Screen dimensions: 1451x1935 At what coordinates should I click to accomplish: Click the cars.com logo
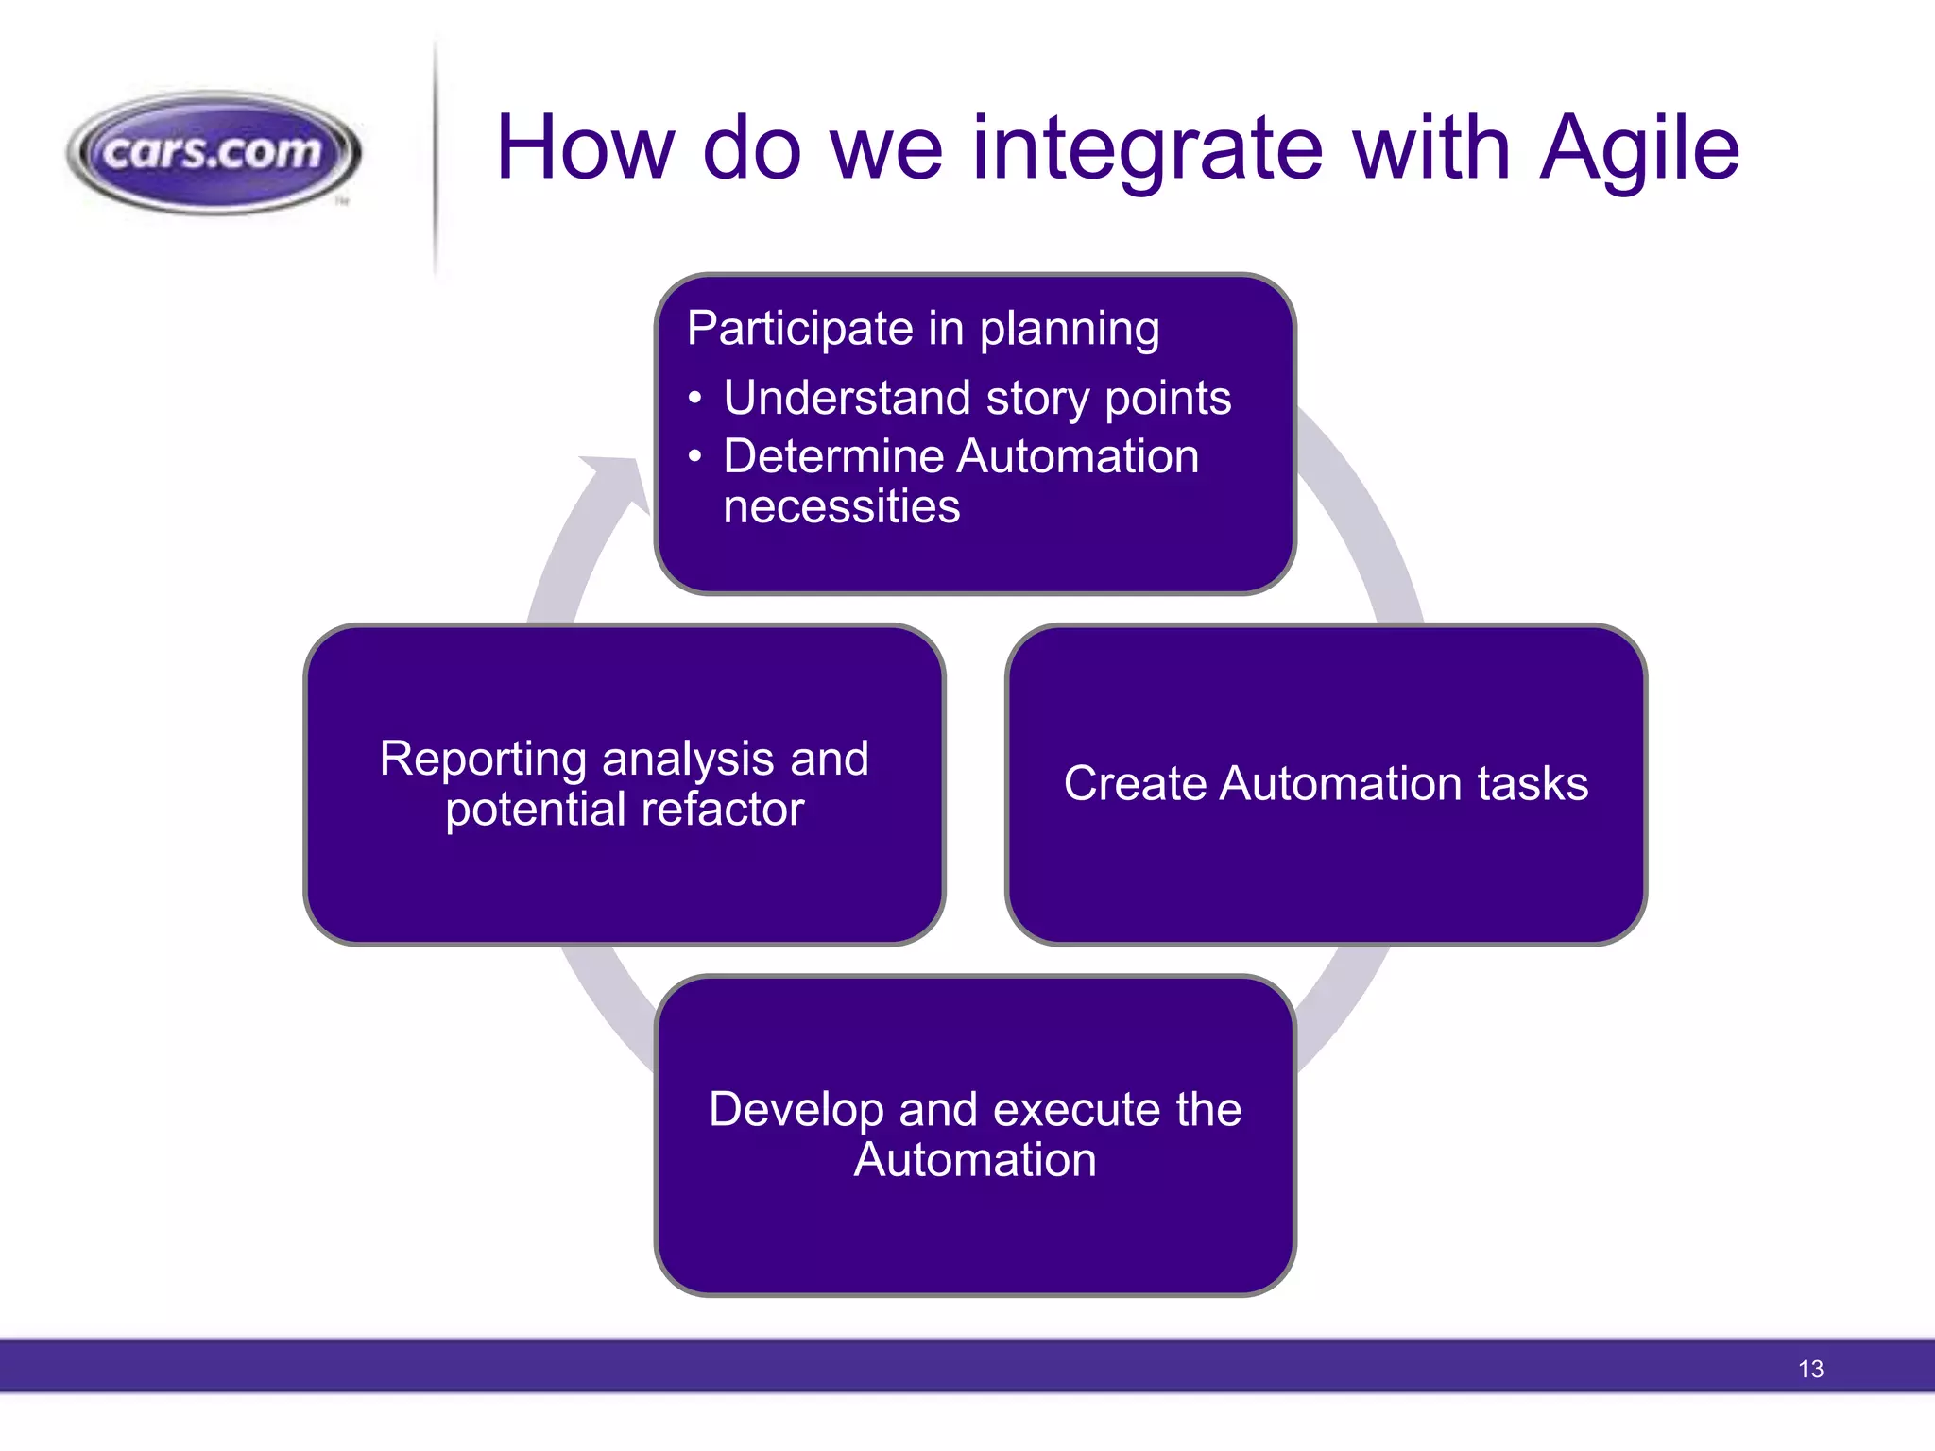[214, 151]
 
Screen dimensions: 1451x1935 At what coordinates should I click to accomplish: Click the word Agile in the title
[1639, 149]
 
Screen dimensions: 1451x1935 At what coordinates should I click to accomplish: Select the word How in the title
[585, 149]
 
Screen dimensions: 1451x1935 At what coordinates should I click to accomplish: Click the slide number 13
[1810, 1369]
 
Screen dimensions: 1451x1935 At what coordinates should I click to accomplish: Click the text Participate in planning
[923, 329]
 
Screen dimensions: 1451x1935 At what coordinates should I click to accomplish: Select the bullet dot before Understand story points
[695, 399]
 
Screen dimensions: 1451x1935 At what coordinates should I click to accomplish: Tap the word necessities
[841, 506]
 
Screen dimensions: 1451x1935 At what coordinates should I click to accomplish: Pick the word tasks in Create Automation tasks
[1533, 783]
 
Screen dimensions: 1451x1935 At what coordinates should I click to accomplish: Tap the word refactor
[719, 810]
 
